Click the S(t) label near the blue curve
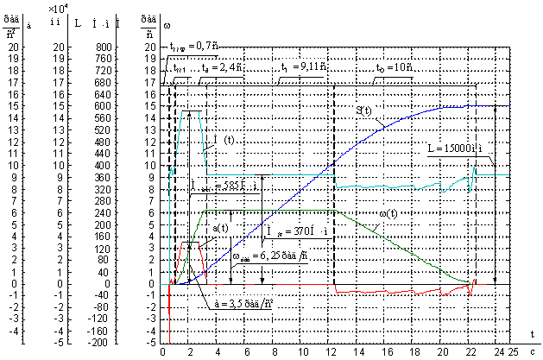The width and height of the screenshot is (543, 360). tap(363, 111)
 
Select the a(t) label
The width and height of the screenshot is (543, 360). tap(220, 228)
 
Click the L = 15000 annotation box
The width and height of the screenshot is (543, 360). tap(458, 148)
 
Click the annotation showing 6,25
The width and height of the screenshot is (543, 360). tap(271, 256)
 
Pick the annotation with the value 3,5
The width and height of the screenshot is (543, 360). tap(243, 304)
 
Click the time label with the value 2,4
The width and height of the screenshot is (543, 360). tap(221, 66)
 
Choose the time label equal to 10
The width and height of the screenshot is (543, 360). tap(395, 66)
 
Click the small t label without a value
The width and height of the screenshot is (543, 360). tap(180, 69)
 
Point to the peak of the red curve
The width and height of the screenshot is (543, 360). tap(192, 243)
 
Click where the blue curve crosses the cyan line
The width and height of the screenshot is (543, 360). tap(334, 174)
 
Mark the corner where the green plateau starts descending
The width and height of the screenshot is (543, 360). tap(335, 210)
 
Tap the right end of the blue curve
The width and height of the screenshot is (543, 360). tap(510, 105)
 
